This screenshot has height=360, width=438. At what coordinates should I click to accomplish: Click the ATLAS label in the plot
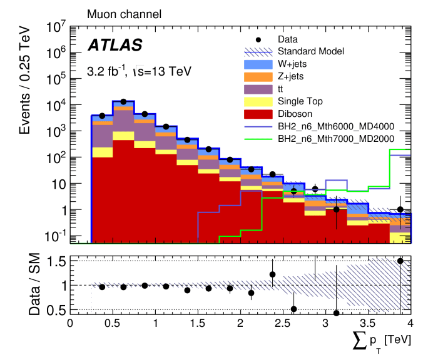[x=115, y=45]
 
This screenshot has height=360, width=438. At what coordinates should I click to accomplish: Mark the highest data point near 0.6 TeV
[x=123, y=101]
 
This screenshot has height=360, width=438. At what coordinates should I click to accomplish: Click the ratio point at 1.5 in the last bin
[x=400, y=261]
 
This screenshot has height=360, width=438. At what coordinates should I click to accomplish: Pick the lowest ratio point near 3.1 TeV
[x=336, y=313]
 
